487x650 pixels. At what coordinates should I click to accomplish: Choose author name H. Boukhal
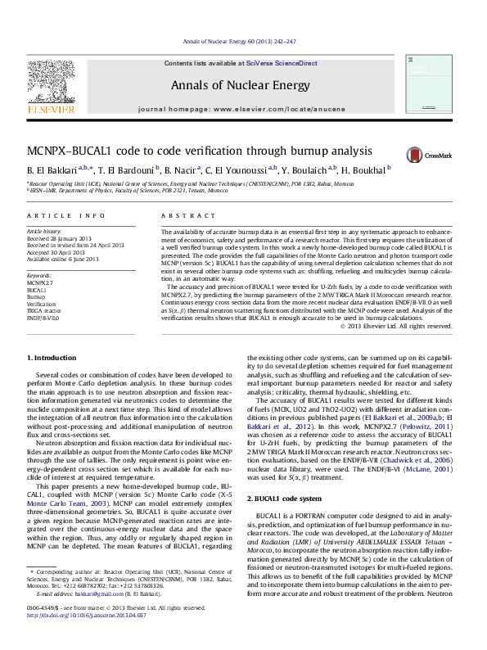(365, 170)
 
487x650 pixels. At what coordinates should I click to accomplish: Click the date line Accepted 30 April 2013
(60, 252)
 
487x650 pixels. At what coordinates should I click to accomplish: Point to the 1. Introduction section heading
(53, 359)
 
